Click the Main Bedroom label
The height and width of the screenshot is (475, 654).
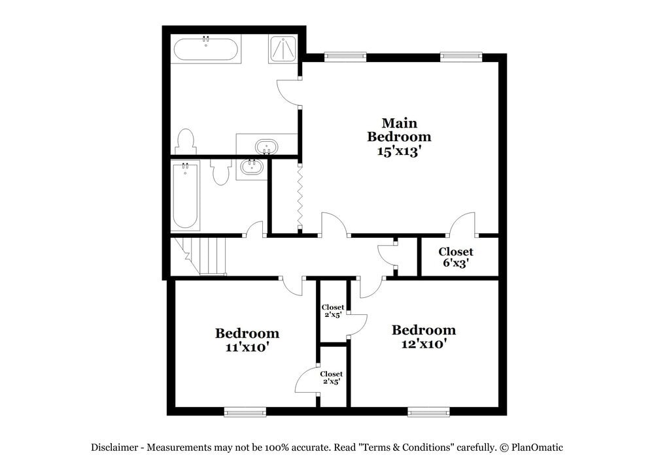point(399,130)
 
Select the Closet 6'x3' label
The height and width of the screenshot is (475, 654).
point(456,257)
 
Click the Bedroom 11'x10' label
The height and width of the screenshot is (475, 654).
point(247,340)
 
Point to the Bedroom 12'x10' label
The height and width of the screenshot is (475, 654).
point(423,336)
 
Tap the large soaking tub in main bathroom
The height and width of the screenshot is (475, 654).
point(205,49)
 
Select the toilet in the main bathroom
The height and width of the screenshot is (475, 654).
point(186,141)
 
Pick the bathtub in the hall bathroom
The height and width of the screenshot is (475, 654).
point(186,195)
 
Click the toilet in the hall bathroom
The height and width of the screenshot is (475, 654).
point(221,171)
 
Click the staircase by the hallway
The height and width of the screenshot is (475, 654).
point(204,255)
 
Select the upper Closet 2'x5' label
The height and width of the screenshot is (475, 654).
point(332,311)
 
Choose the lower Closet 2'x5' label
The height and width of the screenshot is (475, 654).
point(332,377)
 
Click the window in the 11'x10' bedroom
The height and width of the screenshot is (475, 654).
point(245,412)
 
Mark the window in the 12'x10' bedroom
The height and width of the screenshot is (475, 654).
point(428,412)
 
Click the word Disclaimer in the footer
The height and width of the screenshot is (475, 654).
point(114,448)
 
